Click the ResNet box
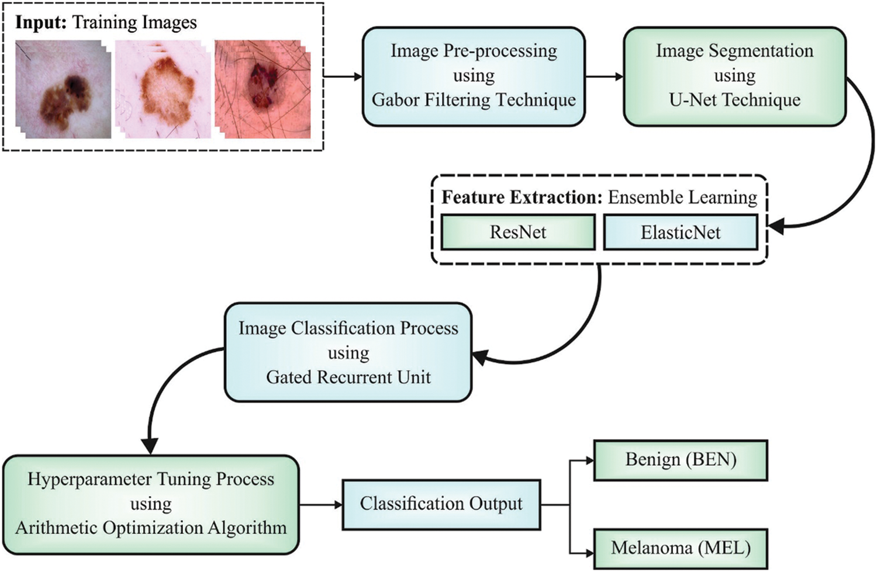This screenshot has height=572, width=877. coord(518,233)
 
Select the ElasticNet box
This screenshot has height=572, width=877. coord(680,233)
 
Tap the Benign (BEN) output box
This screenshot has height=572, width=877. coord(680,460)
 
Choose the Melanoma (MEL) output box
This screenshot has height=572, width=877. coord(680,548)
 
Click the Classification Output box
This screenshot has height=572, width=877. coord(441,504)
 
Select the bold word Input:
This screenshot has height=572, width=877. coord(41,23)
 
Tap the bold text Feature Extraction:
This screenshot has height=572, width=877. coord(522,197)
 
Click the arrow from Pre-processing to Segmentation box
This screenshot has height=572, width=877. coord(604,77)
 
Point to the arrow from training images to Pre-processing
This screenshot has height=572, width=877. coord(343,77)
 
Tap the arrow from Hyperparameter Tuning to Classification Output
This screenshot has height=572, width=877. coord(320,504)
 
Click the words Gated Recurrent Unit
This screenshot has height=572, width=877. coord(348,377)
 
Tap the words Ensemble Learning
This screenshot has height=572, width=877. coord(682,197)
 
